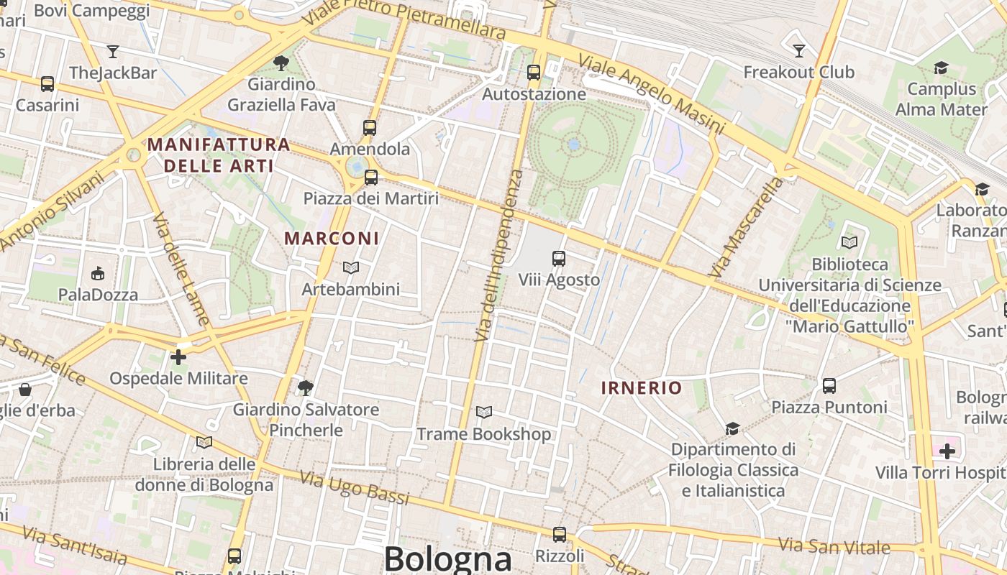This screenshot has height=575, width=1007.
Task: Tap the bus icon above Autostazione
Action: click(533, 72)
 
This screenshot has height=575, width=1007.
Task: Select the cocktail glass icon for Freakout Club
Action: click(798, 50)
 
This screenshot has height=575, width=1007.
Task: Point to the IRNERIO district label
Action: click(641, 388)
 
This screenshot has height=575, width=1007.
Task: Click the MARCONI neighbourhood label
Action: click(332, 238)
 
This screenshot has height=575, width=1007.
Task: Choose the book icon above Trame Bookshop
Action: click(484, 412)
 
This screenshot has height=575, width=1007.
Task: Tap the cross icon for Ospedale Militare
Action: click(178, 356)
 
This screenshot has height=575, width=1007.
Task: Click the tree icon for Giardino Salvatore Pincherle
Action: click(305, 388)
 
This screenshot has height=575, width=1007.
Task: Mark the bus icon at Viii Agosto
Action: click(559, 259)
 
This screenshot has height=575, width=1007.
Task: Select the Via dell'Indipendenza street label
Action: click(499, 256)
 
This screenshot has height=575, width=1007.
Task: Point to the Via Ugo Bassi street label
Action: click(354, 488)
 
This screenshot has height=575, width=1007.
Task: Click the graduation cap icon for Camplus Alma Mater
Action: click(941, 68)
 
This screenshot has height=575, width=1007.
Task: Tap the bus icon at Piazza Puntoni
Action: click(829, 386)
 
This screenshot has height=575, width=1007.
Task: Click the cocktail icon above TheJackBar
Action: click(113, 51)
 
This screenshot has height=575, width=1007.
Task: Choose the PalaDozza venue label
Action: click(98, 295)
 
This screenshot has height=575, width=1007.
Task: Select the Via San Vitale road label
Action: click(834, 546)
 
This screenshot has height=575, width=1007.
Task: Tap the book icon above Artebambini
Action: click(351, 267)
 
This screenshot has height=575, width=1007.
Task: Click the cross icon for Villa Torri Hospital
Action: click(947, 451)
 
